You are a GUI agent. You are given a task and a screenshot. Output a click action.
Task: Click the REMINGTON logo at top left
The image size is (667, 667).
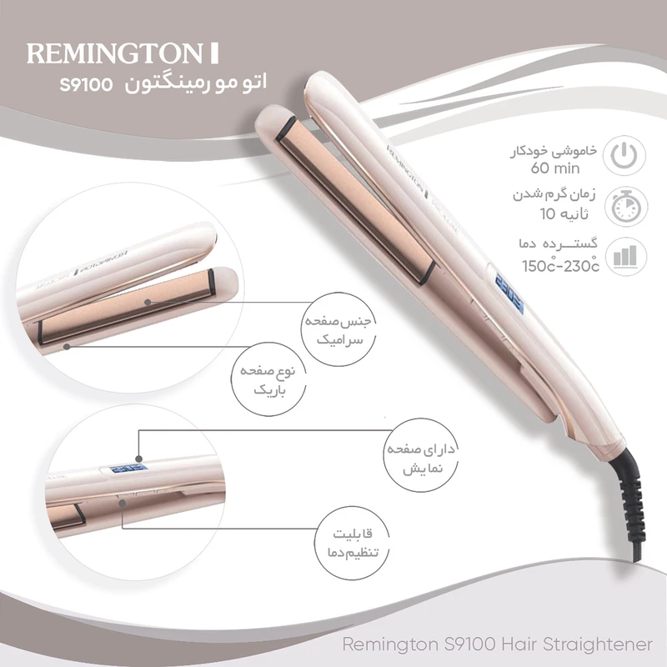[x=123, y=53]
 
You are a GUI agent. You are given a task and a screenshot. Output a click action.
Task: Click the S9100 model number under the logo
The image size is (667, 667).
[x=87, y=84]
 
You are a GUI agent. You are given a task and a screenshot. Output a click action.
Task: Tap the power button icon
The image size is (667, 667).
[x=624, y=155]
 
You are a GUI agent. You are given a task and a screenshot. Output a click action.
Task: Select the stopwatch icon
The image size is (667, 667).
[x=626, y=207]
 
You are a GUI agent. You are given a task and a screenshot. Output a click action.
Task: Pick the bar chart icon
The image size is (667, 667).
[x=625, y=256]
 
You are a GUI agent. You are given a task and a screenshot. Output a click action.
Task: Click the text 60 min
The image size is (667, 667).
[x=555, y=168]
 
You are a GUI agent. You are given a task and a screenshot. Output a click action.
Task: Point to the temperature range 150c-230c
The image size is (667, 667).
[x=560, y=265]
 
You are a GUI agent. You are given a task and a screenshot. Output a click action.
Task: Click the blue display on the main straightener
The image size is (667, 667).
[x=509, y=296]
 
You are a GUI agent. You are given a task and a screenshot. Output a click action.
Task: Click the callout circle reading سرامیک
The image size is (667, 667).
[x=339, y=328]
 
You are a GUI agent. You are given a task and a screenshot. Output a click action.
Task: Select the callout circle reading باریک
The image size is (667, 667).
[x=268, y=379]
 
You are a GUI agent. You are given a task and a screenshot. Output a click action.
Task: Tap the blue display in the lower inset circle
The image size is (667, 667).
[x=128, y=469]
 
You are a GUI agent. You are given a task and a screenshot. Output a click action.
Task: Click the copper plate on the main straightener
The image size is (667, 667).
[x=357, y=199]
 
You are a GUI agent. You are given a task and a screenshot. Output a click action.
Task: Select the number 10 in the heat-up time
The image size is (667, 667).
[x=548, y=214]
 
